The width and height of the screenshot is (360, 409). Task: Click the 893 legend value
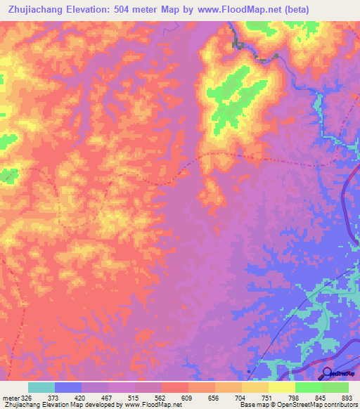point(347,397)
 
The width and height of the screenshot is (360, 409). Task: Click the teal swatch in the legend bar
point(41,387)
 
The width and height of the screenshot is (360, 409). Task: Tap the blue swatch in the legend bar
point(68,387)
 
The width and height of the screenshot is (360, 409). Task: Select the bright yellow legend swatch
point(282,387)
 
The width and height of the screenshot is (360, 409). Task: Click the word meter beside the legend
point(10,397)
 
